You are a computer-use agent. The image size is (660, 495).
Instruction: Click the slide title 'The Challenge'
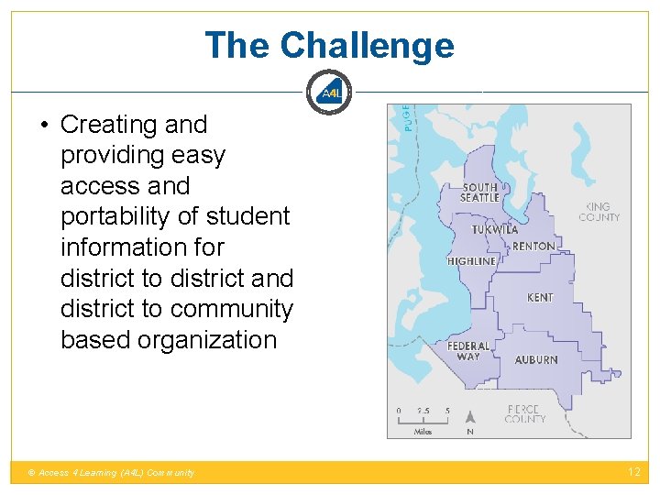coord(329,45)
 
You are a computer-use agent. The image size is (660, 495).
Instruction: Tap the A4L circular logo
coord(330,93)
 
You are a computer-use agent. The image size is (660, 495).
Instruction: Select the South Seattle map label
coord(479,192)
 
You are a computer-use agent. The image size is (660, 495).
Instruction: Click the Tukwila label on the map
coord(495,230)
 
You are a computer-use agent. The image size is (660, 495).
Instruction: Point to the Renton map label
coord(533,247)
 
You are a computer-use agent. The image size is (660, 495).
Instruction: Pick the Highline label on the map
coord(471,261)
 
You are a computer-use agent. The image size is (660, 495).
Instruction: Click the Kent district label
coord(540,298)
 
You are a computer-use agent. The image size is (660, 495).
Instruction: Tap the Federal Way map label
coord(468,351)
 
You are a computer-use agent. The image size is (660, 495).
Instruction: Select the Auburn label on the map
coord(536,360)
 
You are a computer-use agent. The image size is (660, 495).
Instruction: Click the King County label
coord(599,212)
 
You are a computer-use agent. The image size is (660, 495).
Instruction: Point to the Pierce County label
coord(525,413)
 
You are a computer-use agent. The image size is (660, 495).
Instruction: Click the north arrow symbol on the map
coord(470,417)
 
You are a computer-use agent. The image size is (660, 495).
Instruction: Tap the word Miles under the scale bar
coord(423,431)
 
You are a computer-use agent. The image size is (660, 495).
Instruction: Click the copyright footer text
coord(112,473)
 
